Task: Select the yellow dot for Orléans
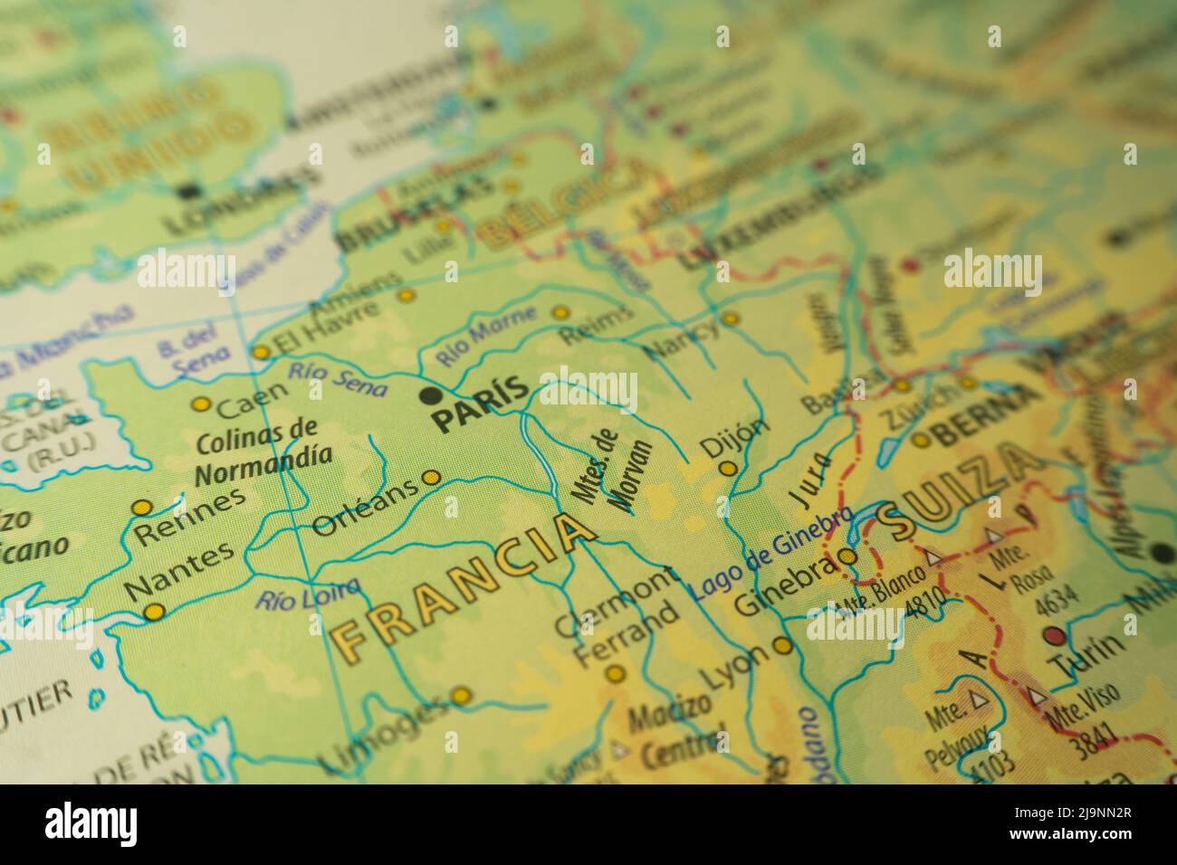pyautogui.click(x=432, y=477)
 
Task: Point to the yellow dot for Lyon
pyautogui.click(x=782, y=645)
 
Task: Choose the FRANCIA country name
pyautogui.click(x=464, y=585)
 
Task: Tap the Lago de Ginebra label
pyautogui.click(x=771, y=555)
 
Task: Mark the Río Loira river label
pyautogui.click(x=307, y=594)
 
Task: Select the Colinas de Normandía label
pyautogui.click(x=257, y=449)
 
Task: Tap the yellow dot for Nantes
pyautogui.click(x=154, y=613)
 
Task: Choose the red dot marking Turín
pyautogui.click(x=1053, y=634)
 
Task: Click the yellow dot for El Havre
pyautogui.click(x=261, y=351)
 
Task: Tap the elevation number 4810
pyautogui.click(x=926, y=600)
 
